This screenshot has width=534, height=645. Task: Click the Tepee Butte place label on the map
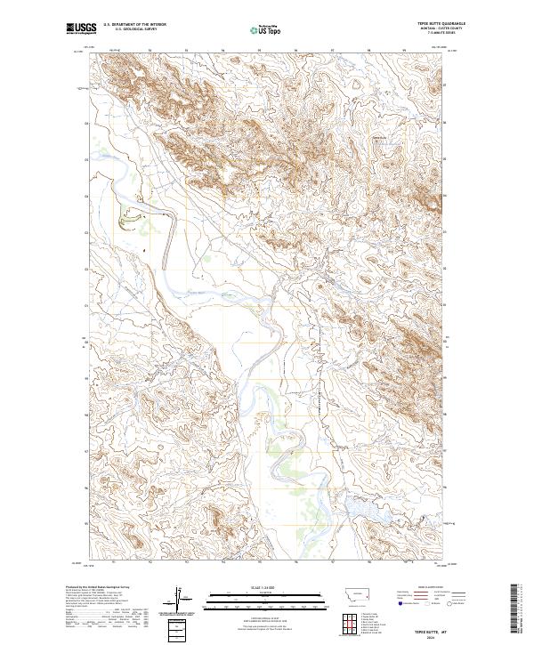click(x=379, y=137)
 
